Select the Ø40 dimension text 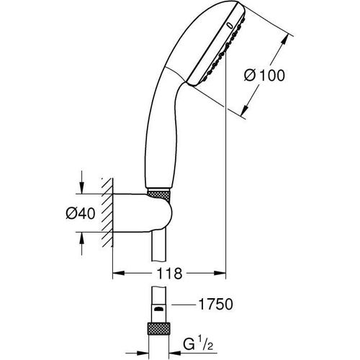[74, 213]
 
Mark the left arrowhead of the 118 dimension [119, 274]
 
